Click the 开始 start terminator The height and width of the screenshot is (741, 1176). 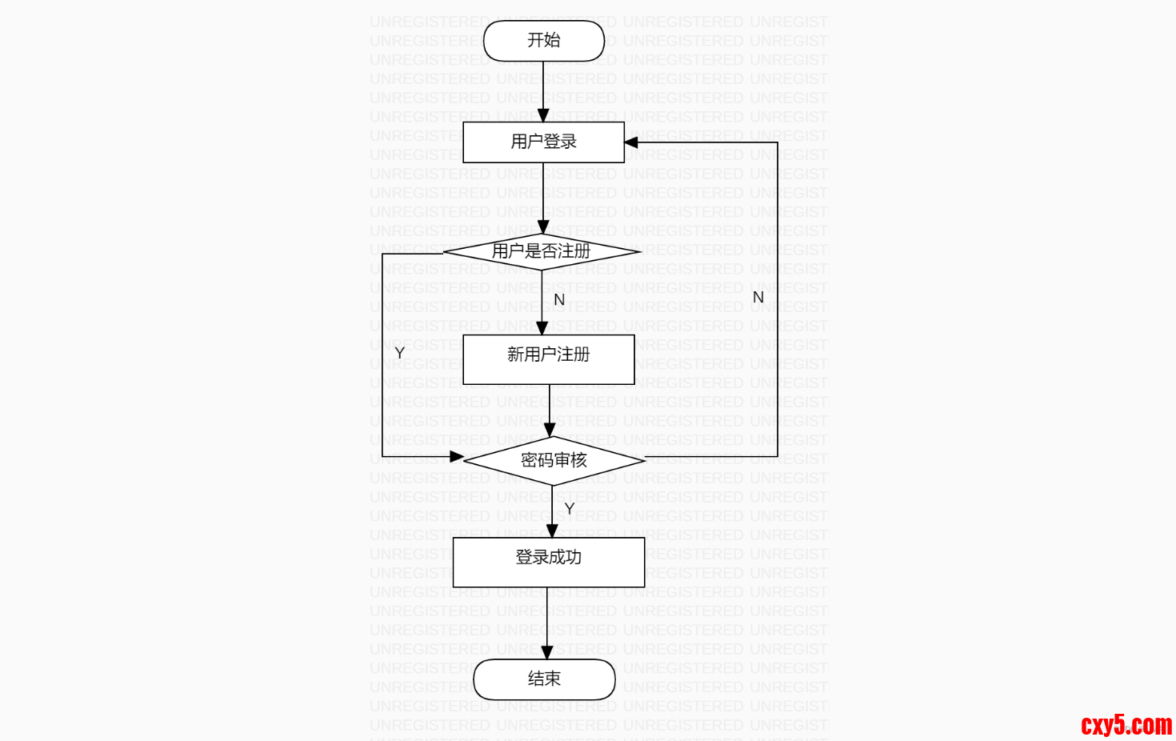coord(543,41)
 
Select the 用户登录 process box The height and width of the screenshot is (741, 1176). coord(543,142)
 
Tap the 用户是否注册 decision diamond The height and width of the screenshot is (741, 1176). coord(542,251)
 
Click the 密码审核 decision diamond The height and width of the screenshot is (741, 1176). coord(554,460)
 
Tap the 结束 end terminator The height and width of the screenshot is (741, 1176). coord(544,679)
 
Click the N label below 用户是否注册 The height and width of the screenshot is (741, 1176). coord(559,299)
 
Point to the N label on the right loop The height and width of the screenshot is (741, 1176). coord(758,297)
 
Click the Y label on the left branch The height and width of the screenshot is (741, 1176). coord(399,352)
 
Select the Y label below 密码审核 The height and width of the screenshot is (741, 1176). coord(570,509)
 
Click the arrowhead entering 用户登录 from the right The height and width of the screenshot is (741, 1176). coord(631,142)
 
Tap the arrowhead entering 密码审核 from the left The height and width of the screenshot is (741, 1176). coord(457,457)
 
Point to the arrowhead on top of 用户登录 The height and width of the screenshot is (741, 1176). coord(543,115)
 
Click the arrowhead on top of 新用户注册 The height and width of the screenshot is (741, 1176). coord(542,328)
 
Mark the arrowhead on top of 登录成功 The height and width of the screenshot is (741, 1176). coord(551,531)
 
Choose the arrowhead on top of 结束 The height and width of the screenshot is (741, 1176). coord(546,653)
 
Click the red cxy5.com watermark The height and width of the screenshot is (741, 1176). coord(1126,725)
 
